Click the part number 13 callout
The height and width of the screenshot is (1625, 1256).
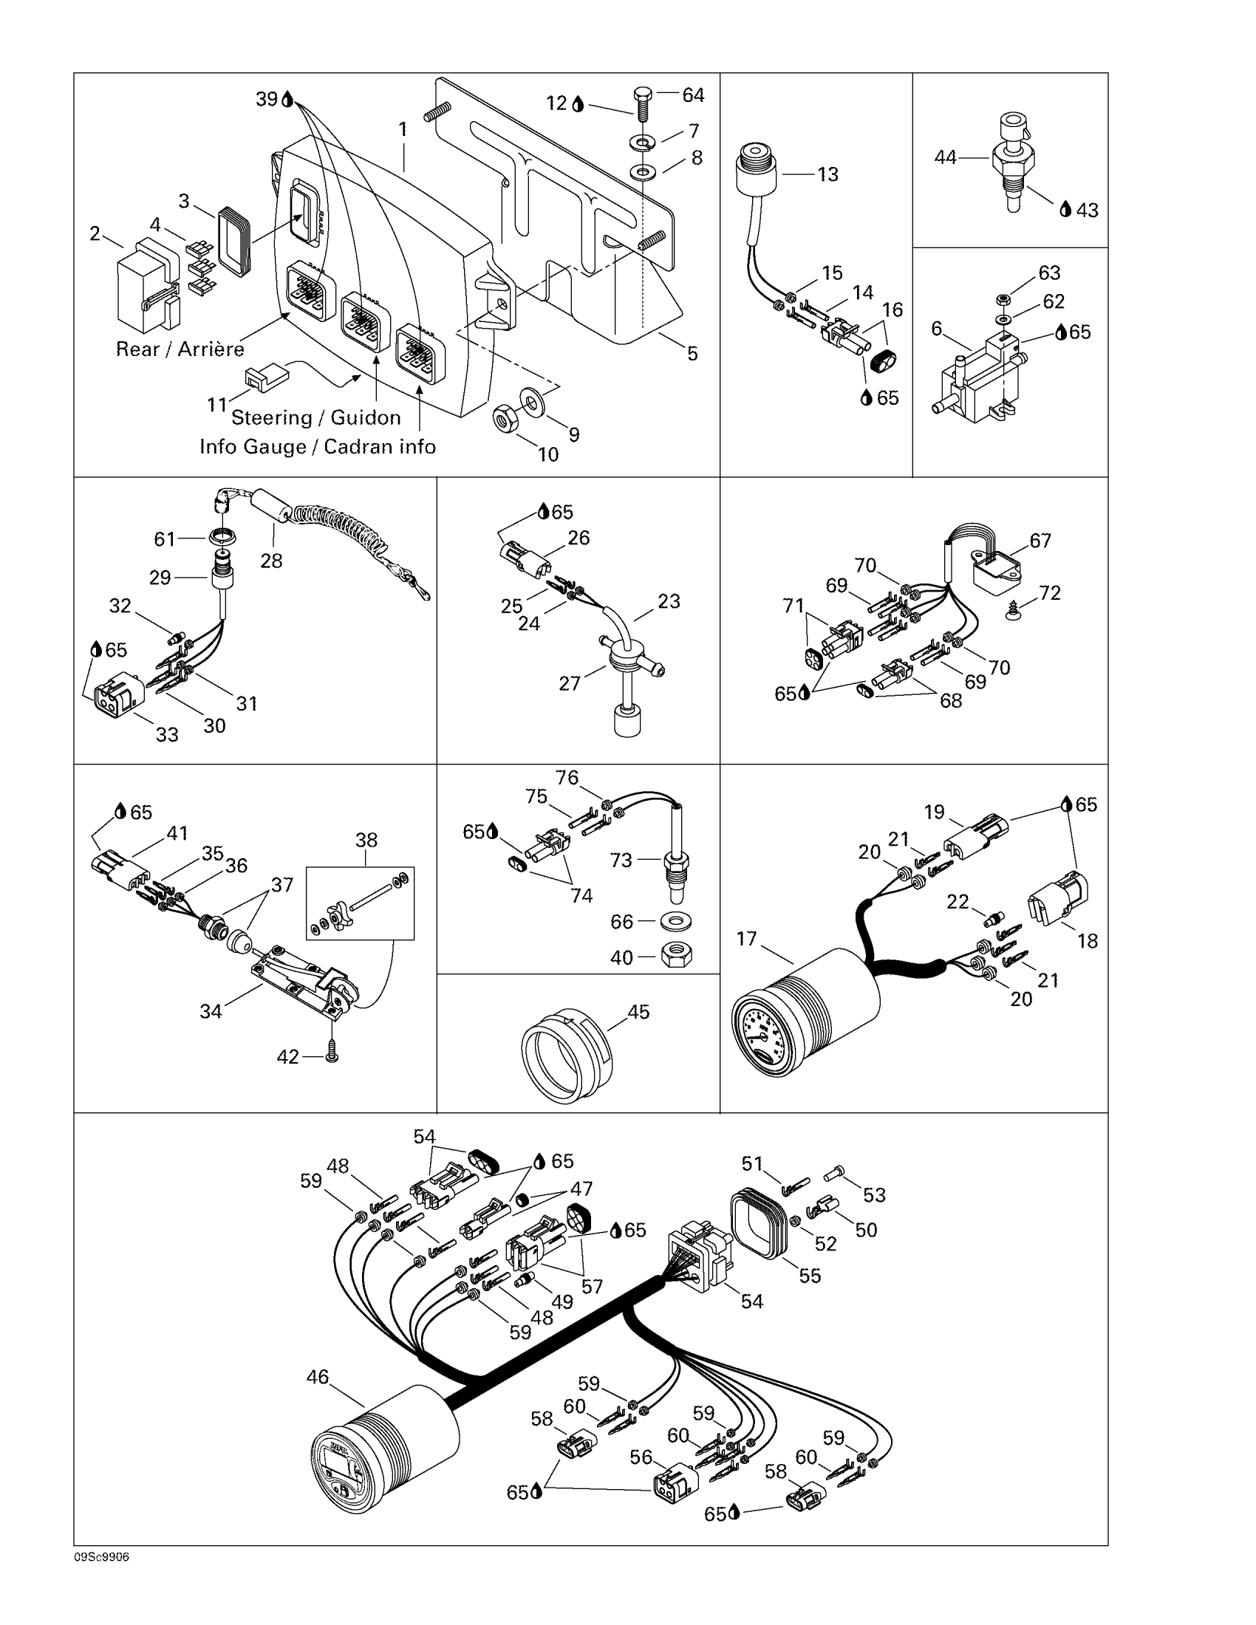pos(827,175)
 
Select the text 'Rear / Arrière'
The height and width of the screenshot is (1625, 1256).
pos(180,349)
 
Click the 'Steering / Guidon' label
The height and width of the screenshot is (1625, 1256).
pos(315,417)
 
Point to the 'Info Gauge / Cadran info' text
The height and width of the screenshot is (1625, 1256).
pos(317,446)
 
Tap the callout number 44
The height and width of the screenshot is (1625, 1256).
pos(945,158)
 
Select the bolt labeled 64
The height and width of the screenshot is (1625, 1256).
pos(641,103)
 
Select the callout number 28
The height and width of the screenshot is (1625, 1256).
pos(271,561)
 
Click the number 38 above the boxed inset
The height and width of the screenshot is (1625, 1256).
pos(366,840)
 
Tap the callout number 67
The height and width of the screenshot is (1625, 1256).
pos(1040,541)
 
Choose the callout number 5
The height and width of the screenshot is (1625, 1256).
pos(692,353)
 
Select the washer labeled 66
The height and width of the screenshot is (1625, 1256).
pos(674,922)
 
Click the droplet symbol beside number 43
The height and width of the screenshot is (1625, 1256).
pos(1065,210)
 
